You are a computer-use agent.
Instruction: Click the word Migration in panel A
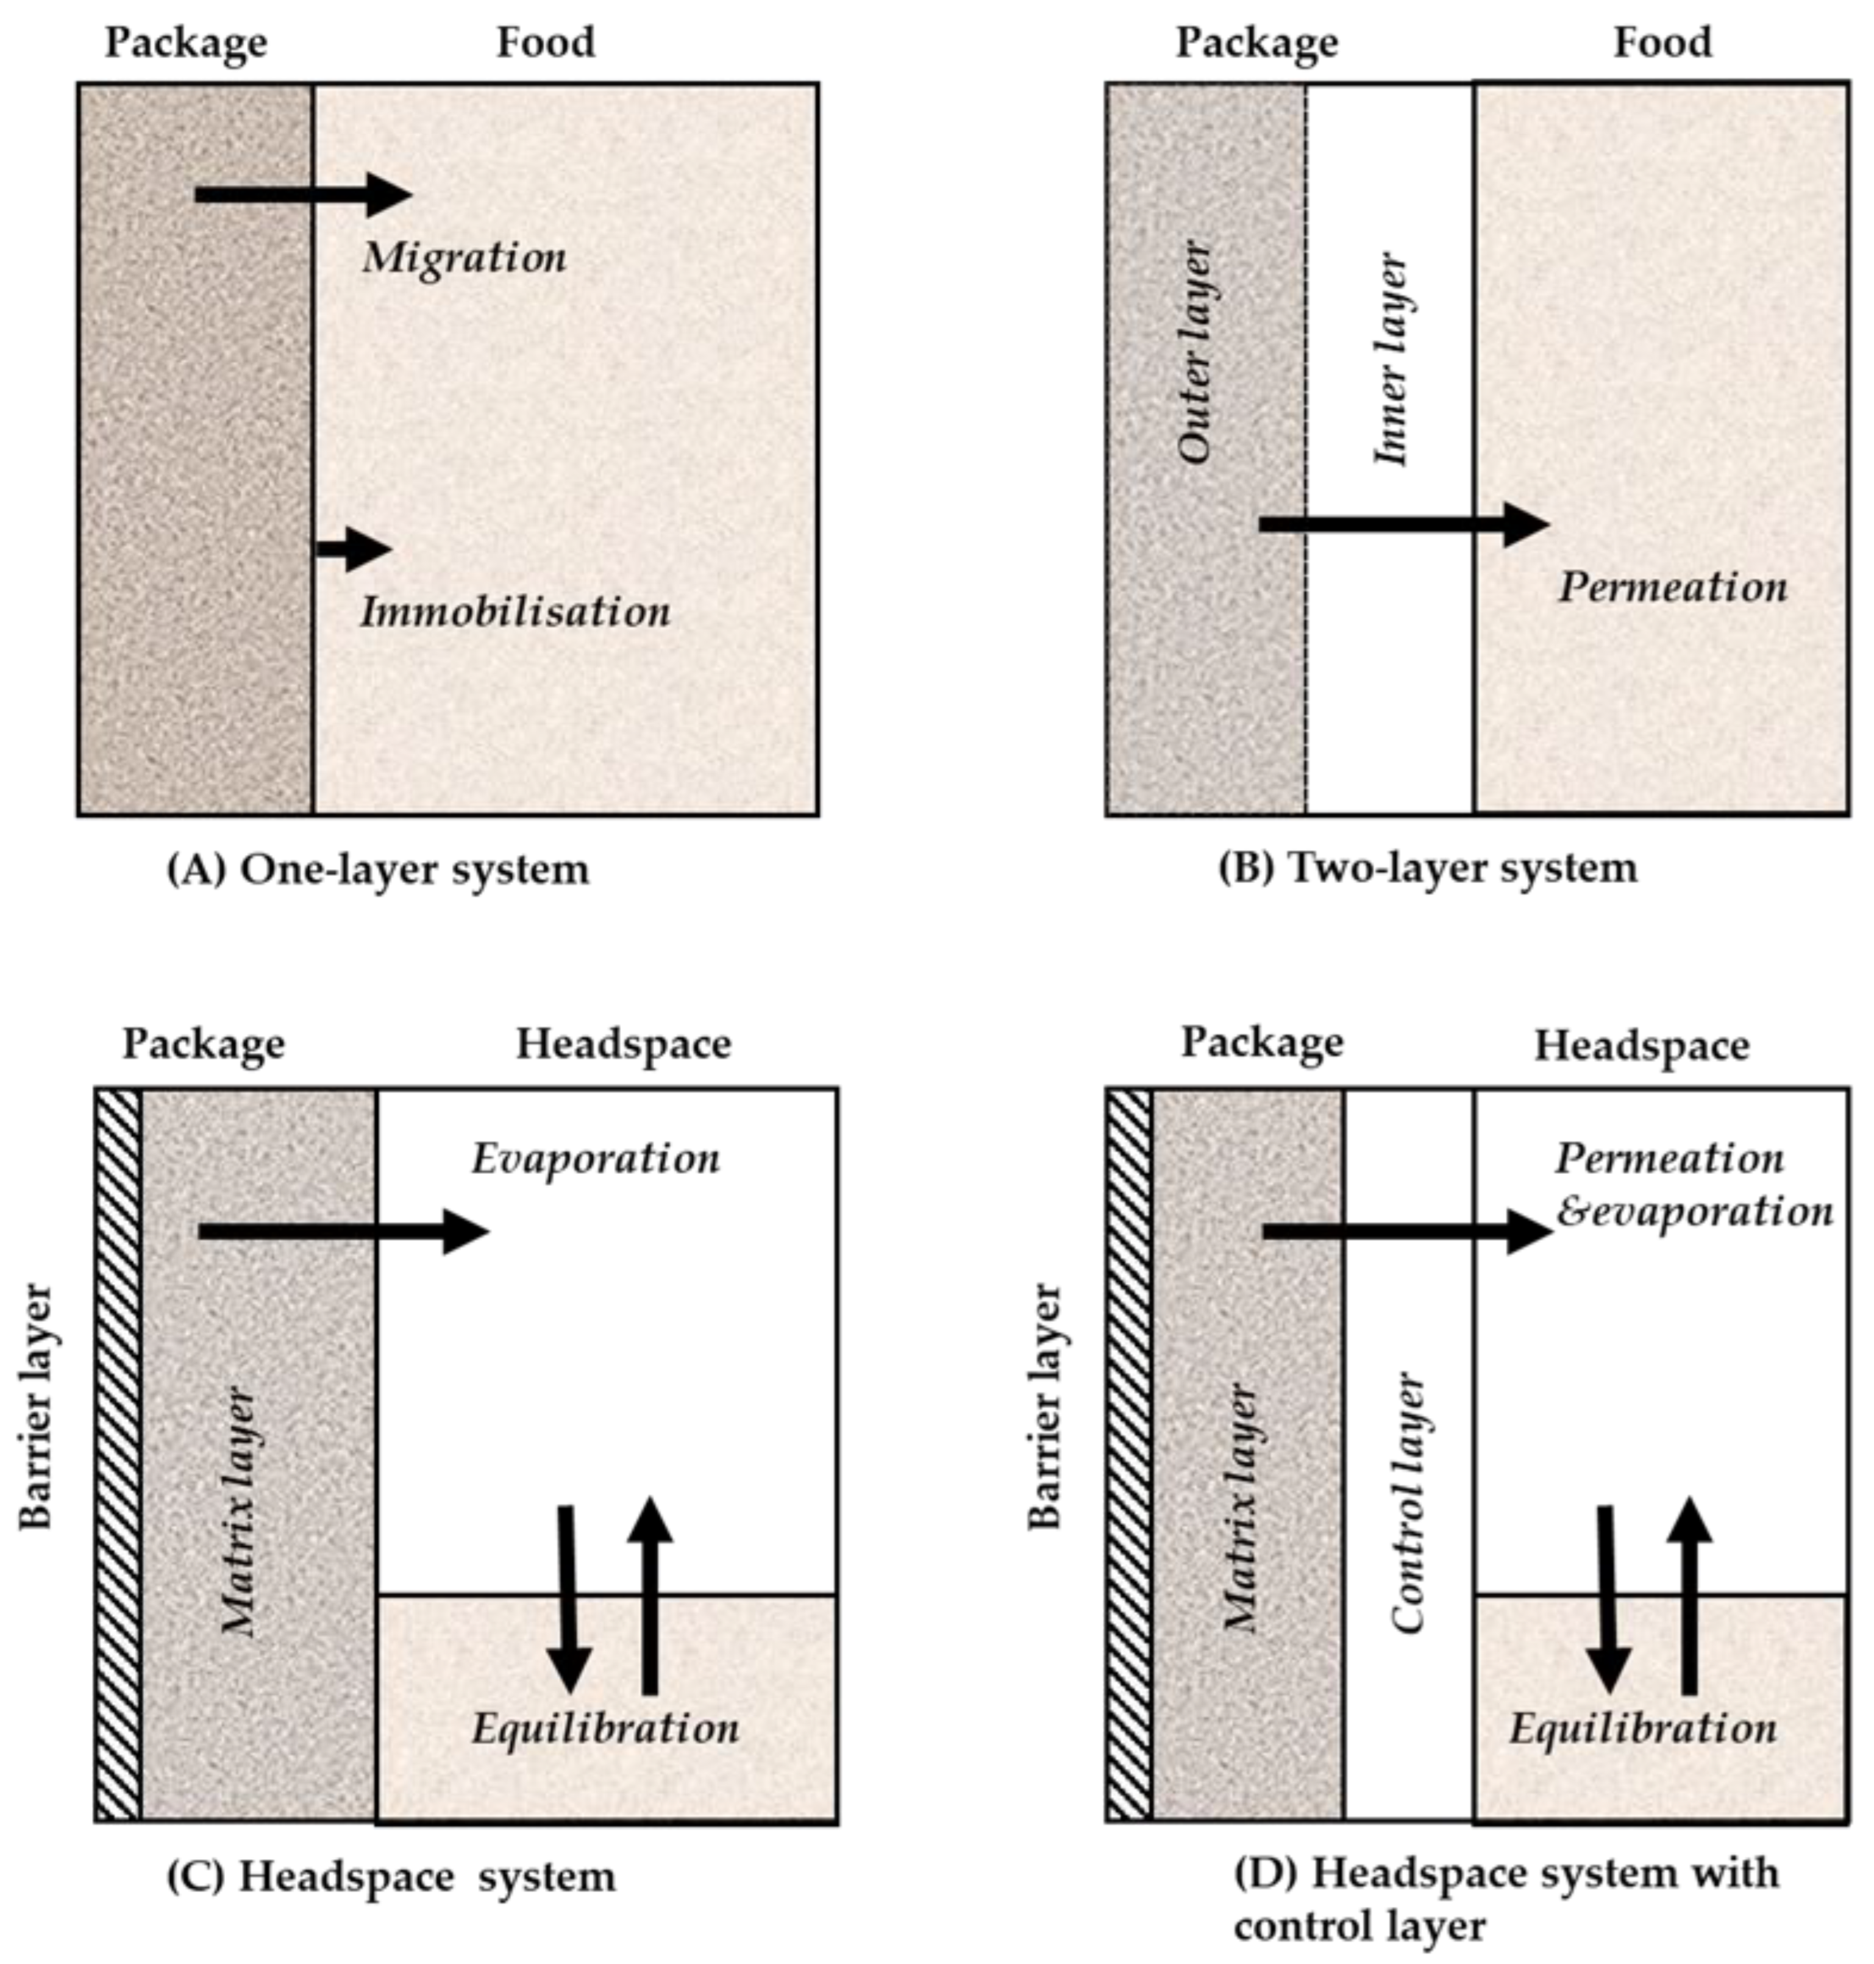(x=465, y=258)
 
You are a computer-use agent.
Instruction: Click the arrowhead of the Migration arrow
(x=388, y=194)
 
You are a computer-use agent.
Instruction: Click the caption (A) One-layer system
(x=377, y=869)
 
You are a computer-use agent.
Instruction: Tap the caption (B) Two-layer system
(x=1428, y=867)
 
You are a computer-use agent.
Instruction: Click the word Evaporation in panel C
(x=596, y=1159)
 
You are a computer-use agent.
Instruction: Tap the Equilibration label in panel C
(x=605, y=1728)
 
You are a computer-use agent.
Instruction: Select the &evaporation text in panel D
(x=1695, y=1212)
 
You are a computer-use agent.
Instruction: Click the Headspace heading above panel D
(x=1641, y=1046)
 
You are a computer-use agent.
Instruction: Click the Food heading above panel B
(x=1662, y=42)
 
